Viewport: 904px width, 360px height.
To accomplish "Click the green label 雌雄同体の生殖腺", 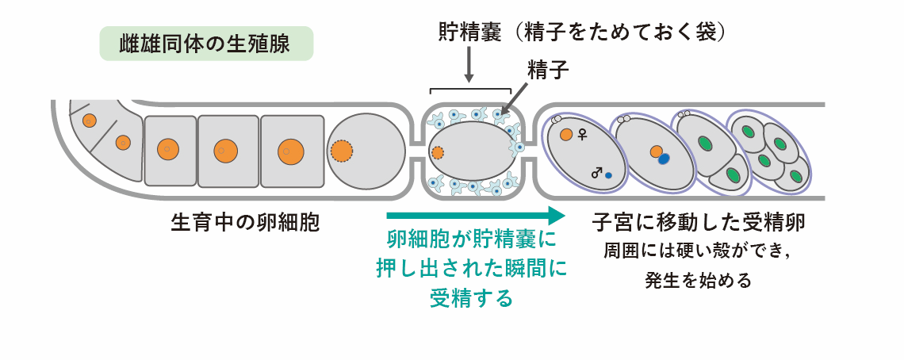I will pos(205,44).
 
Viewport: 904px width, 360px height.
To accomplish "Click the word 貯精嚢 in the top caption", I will pos(469,33).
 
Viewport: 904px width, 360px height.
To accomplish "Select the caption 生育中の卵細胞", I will pos(245,221).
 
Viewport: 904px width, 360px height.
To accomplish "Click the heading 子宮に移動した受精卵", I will pos(699,221).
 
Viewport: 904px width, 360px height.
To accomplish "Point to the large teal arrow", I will pos(476,216).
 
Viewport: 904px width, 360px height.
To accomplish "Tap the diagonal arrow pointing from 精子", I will pos(516,98).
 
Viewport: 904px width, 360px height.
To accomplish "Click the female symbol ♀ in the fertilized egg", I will pos(582,134).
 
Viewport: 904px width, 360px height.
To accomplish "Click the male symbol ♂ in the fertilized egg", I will pos(596,172).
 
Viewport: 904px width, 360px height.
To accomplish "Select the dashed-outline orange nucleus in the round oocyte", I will pos(342,151).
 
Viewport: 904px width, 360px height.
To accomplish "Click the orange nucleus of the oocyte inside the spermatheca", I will pos(437,151).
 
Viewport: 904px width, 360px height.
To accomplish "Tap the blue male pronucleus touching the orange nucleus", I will pos(664,159).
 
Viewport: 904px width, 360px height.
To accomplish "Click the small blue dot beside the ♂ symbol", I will pos(608,174).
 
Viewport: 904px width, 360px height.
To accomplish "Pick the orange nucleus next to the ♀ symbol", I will pos(566,135).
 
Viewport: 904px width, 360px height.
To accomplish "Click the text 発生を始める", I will pos(699,281).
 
